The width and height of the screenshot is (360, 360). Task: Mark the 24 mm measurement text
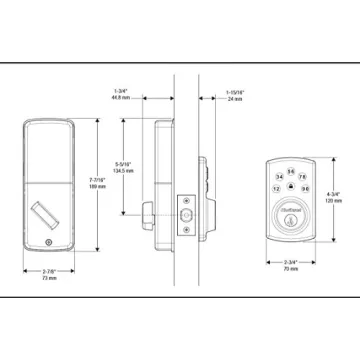click(237, 100)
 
